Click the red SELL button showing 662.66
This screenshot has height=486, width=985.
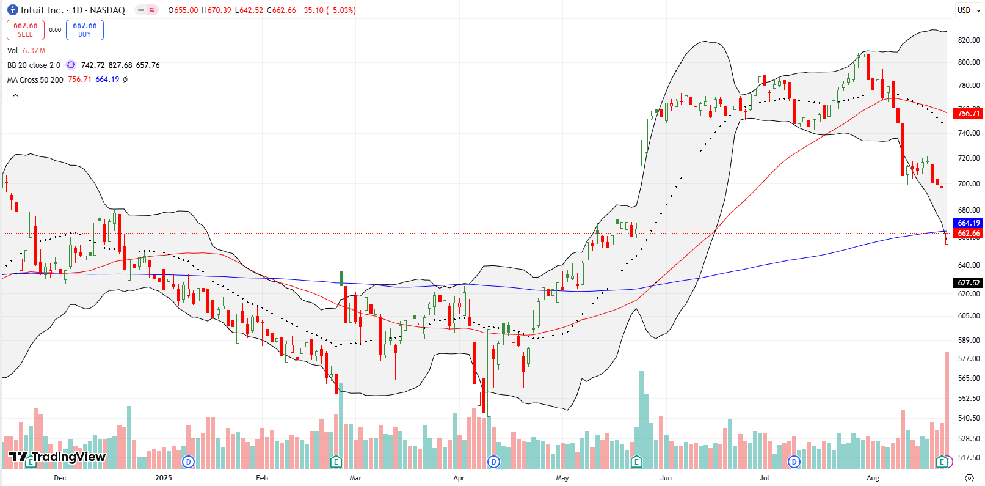pyautogui.click(x=25, y=29)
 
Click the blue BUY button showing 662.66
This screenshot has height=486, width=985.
pyautogui.click(x=85, y=29)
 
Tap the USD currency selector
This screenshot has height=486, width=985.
pyautogui.click(x=964, y=10)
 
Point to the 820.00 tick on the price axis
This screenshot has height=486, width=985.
pyautogui.click(x=969, y=40)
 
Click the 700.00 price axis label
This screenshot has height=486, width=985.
pyautogui.click(x=969, y=184)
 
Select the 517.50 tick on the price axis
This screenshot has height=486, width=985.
pyautogui.click(x=969, y=458)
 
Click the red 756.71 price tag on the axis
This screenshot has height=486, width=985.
pyautogui.click(x=969, y=113)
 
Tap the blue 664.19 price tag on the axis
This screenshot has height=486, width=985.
pyautogui.click(x=969, y=223)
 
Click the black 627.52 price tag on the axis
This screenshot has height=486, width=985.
pyautogui.click(x=969, y=282)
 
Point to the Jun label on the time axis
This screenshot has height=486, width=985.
pyautogui.click(x=666, y=478)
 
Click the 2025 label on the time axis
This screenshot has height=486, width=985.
pyautogui.click(x=163, y=478)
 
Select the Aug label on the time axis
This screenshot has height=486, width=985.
pyautogui.click(x=873, y=478)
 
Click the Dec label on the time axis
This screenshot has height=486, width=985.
pyautogui.click(x=60, y=478)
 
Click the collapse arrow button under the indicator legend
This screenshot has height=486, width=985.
pyautogui.click(x=15, y=95)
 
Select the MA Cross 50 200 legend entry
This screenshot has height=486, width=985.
pyautogui.click(x=35, y=79)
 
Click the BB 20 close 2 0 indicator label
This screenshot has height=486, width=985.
pyautogui.click(x=34, y=65)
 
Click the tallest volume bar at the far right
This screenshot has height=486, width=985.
pyautogui.click(x=947, y=410)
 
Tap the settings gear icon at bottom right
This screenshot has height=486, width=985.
pyautogui.click(x=969, y=478)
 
